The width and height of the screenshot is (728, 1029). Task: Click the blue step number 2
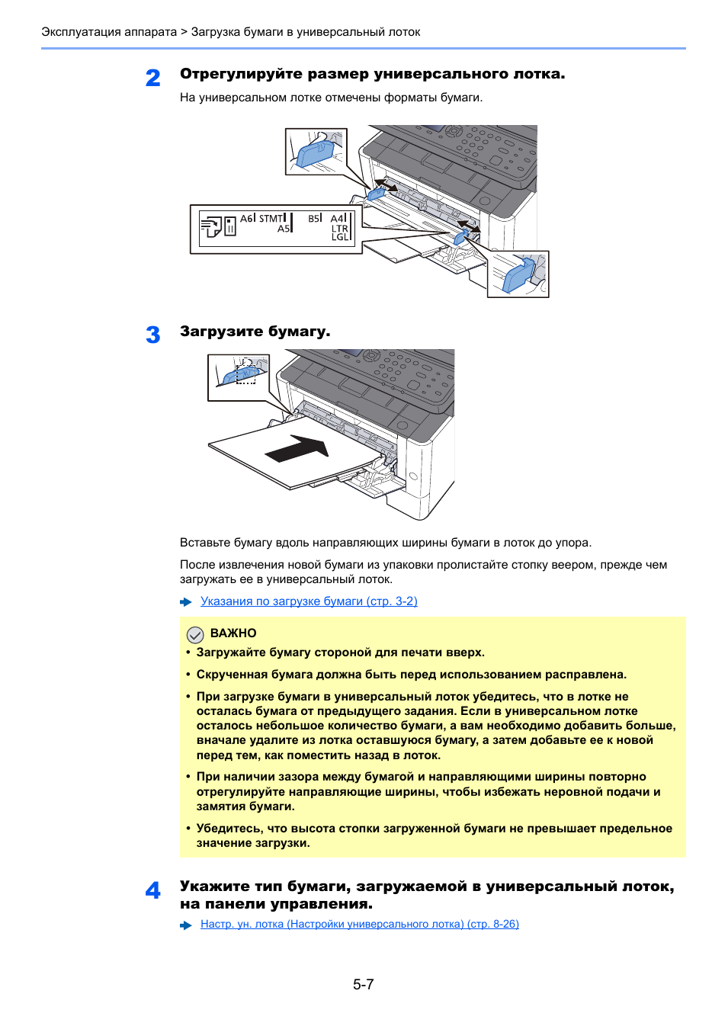pos(153,78)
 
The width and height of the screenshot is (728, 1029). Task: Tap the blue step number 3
pos(153,335)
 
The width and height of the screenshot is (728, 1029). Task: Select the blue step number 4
pos(153,890)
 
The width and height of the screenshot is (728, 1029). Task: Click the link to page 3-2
pos(309,601)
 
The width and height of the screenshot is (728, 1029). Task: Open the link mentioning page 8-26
pos(359,924)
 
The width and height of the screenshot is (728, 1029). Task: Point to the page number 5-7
pos(364,984)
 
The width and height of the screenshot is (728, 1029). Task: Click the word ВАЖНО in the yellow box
pos(233,633)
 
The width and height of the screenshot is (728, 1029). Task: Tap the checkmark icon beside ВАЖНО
pos(195,634)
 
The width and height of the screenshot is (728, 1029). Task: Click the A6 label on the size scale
pos(246,219)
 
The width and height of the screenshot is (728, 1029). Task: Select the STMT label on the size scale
pos(271,219)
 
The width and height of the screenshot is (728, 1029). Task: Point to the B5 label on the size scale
pos(313,219)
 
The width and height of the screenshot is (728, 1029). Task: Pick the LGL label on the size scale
pos(339,237)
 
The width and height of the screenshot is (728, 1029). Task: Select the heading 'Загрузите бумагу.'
pos(255,332)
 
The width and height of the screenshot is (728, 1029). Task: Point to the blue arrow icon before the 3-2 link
pos(186,602)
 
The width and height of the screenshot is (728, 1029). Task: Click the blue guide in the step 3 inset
pos(244,373)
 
